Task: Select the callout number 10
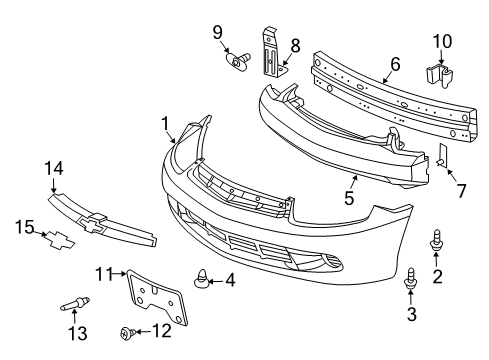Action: tap(442, 41)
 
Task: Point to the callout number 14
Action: tap(52, 169)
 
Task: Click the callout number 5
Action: tap(349, 198)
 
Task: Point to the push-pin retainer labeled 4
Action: tap(203, 280)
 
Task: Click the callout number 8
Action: tap(295, 44)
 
